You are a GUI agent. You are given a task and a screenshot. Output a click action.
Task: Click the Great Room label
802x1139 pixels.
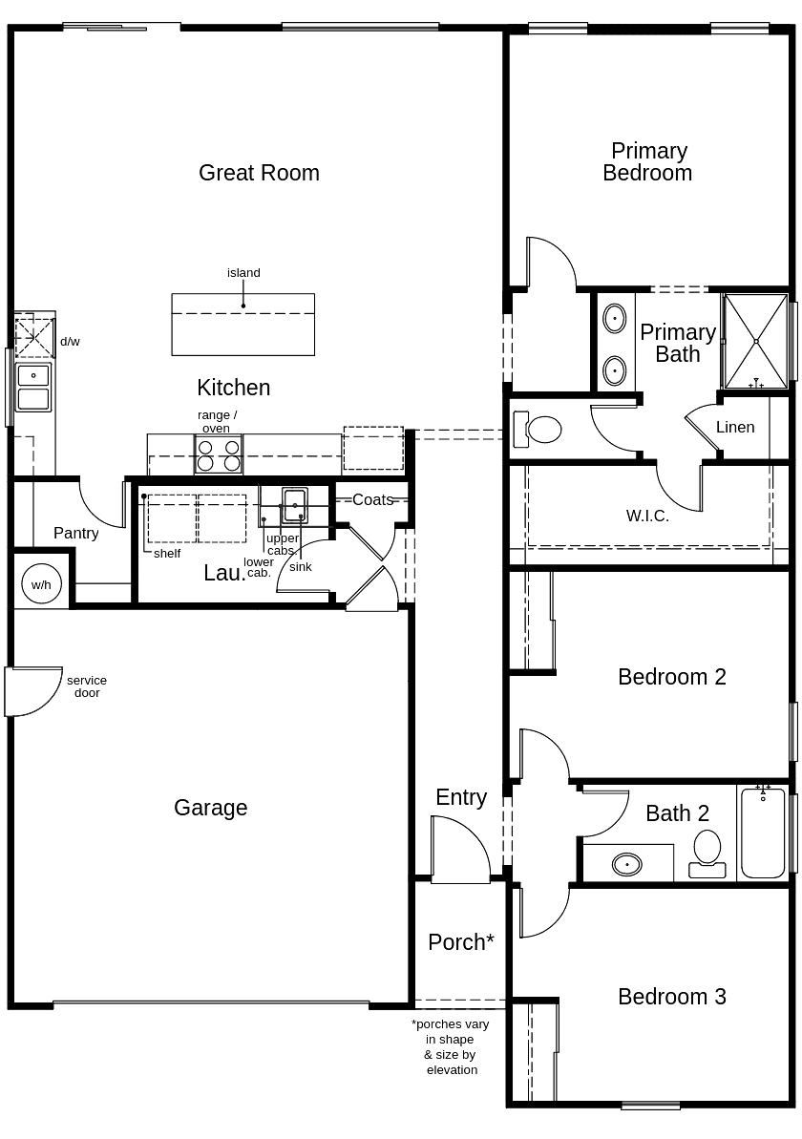[259, 173]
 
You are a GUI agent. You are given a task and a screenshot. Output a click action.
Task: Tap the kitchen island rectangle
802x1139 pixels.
[243, 325]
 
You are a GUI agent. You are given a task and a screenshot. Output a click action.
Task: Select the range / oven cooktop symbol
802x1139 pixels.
[219, 454]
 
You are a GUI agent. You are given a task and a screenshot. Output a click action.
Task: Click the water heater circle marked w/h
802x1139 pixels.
[40, 583]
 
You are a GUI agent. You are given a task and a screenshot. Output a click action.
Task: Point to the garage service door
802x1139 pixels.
[29, 691]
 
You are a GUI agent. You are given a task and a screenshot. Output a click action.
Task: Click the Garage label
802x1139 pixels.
[210, 808]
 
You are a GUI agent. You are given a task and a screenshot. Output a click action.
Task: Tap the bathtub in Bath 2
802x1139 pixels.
[762, 833]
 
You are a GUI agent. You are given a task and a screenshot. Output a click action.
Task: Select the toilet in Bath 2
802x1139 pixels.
[707, 853]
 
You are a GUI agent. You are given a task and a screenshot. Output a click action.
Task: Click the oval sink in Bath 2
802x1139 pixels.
[626, 864]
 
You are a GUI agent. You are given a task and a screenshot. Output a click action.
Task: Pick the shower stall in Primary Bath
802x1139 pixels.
[755, 341]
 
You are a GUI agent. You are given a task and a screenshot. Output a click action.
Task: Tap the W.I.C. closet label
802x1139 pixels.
[647, 516]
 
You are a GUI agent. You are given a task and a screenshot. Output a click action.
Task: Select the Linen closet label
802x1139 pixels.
[735, 427]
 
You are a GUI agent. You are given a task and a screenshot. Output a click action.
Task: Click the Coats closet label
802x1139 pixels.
[372, 499]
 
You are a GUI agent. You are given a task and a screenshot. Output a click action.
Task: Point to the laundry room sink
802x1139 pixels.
[294, 504]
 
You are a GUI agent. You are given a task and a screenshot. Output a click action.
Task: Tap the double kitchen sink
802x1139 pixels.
[33, 387]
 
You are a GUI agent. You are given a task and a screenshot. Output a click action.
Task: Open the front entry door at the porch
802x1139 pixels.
[459, 852]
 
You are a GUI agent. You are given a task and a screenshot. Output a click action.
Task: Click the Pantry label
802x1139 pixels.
[75, 533]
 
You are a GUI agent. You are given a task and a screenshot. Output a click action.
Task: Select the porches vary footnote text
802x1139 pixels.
[451, 1046]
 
